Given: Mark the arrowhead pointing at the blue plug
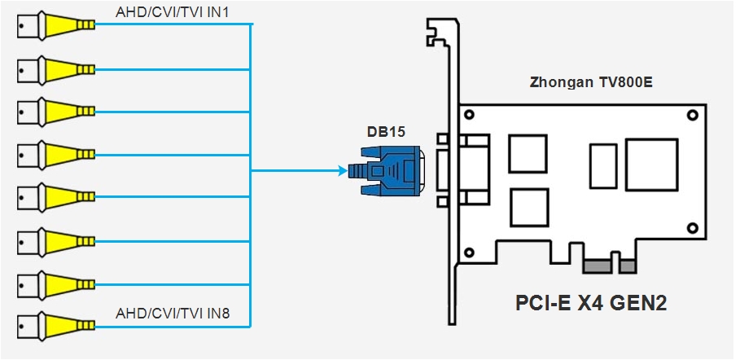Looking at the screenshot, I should point(340,171).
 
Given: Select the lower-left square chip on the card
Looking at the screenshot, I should point(530,207).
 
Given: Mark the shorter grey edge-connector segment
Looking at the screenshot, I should point(628,266).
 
